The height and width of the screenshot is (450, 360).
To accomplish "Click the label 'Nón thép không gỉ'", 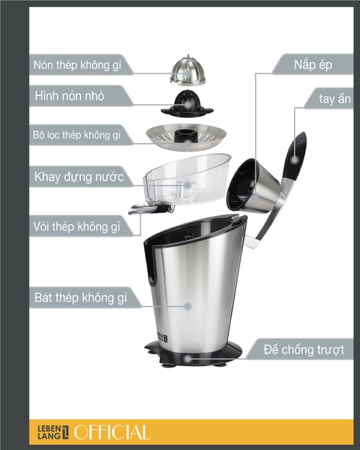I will [x=82, y=65].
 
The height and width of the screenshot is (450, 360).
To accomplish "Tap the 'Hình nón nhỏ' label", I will [x=79, y=97].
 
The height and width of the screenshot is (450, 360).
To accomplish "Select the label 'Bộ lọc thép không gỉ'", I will [x=77, y=135].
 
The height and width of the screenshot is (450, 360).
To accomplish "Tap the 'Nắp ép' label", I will [x=311, y=64].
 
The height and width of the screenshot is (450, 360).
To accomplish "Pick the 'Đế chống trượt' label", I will [x=304, y=349].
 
